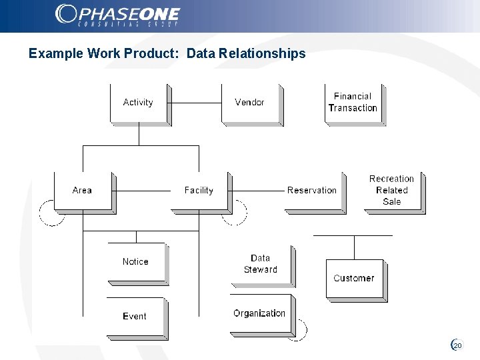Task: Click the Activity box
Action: tap(139, 103)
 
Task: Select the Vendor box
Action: tap(250, 103)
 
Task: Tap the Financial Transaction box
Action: tap(353, 103)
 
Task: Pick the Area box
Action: tap(83, 191)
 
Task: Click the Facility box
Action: tap(199, 191)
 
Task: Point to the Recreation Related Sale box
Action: tap(392, 191)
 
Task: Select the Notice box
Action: tap(136, 263)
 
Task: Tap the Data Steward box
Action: tap(261, 265)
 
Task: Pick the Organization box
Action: tap(260, 315)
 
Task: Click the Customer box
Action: tap(355, 279)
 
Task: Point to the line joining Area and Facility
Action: tap(143, 191)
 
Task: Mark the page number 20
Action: tap(457, 345)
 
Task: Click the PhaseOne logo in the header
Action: tap(118, 15)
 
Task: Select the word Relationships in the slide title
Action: tap(246, 53)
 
